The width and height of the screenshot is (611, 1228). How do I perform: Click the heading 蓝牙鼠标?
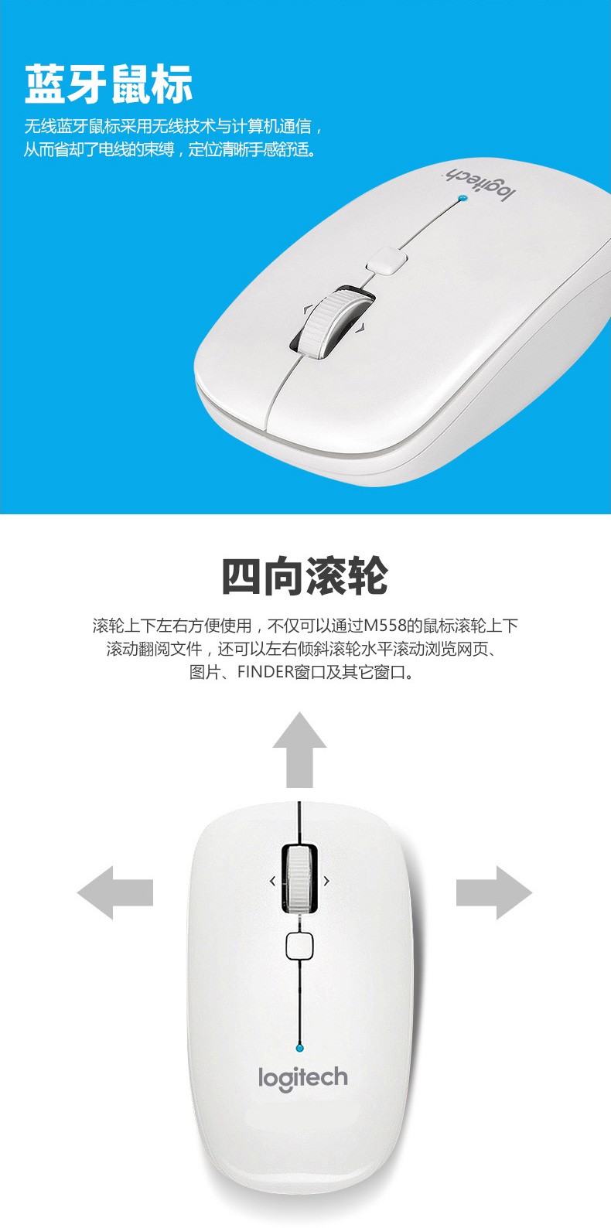[x=108, y=84]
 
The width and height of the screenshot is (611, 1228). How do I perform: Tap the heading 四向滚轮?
[x=305, y=576]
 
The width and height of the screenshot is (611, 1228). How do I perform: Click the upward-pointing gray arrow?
[x=299, y=749]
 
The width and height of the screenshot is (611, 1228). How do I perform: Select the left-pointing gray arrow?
[x=115, y=892]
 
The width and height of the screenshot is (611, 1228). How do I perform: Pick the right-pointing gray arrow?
[x=494, y=892]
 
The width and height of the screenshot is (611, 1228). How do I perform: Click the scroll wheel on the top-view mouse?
[x=299, y=879]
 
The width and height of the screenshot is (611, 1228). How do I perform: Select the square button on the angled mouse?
[x=387, y=260]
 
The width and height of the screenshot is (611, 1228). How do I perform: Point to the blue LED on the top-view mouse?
[x=299, y=1048]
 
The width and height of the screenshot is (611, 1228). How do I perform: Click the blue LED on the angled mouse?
[x=464, y=197]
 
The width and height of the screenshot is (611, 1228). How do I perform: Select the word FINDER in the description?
[x=266, y=671]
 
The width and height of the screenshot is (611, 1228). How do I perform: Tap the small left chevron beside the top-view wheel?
[x=272, y=881]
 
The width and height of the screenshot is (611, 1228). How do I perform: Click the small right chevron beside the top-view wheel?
[x=326, y=881]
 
